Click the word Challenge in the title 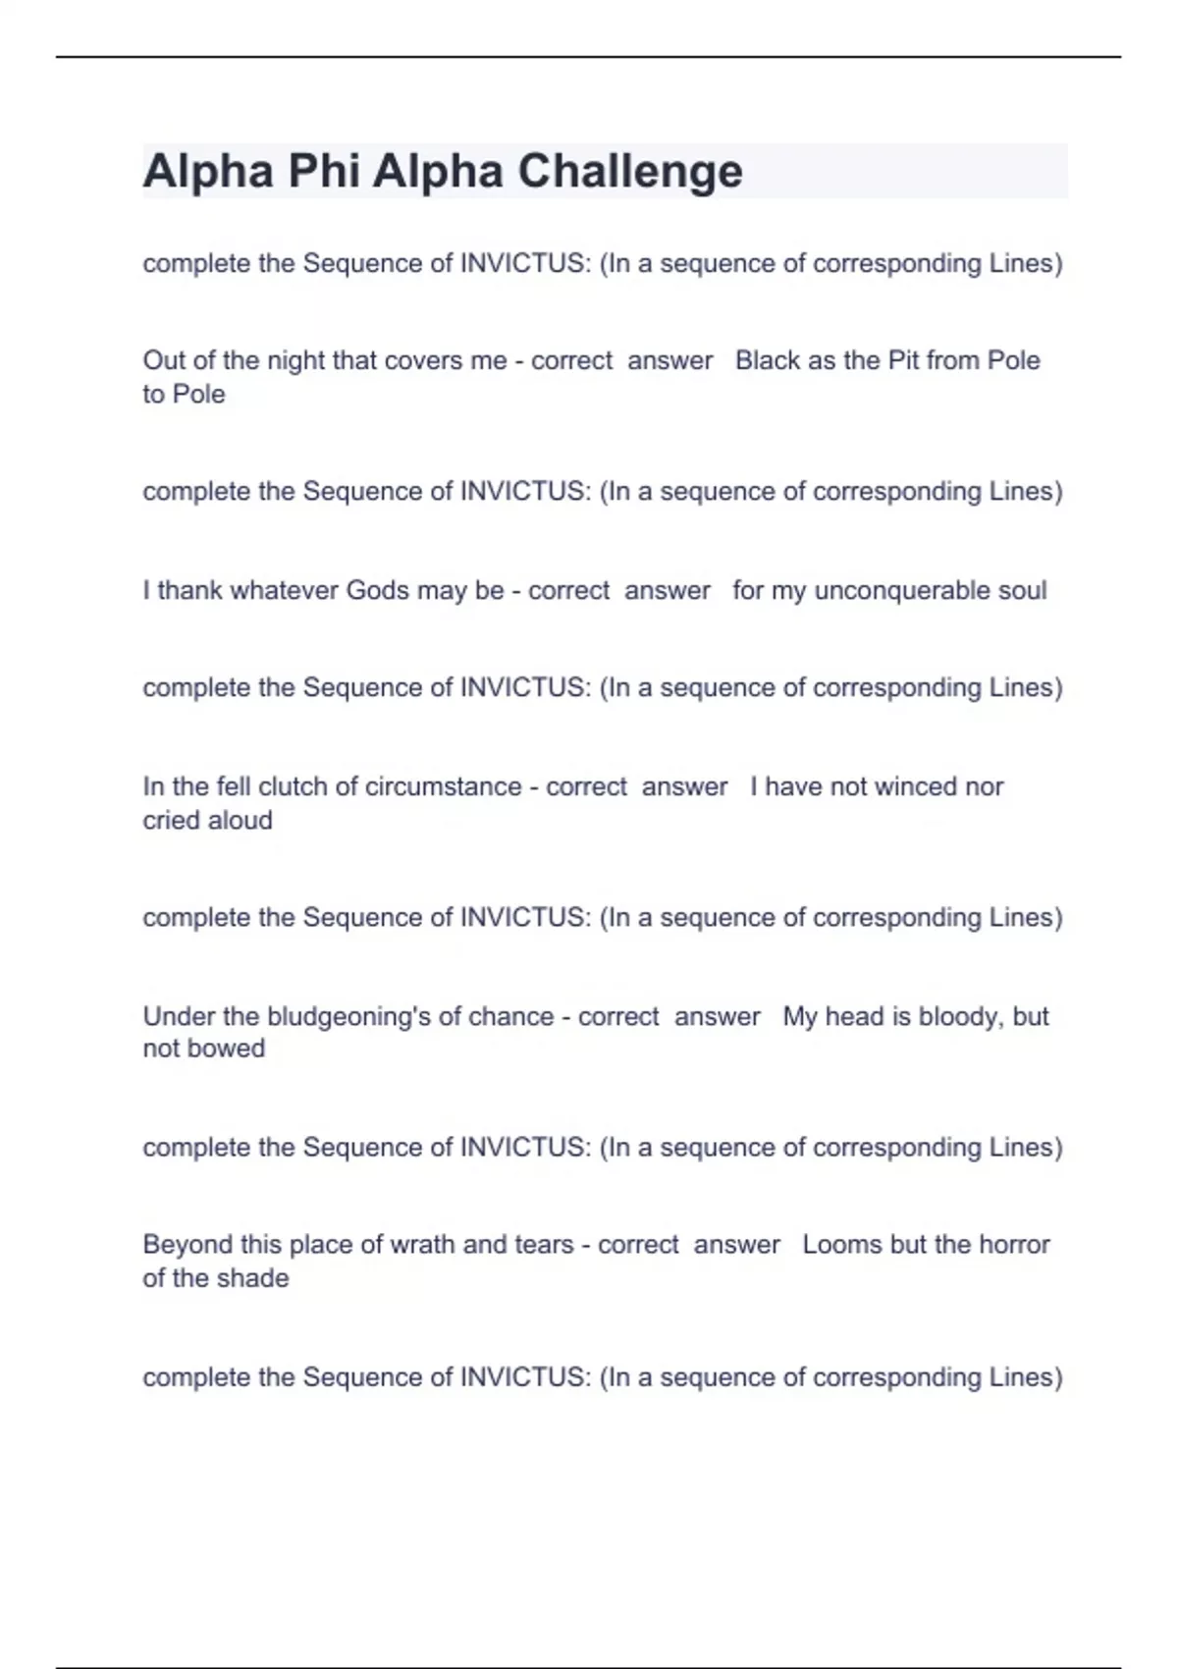629,172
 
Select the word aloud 240,820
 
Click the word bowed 229,1049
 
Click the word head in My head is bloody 854,1016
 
